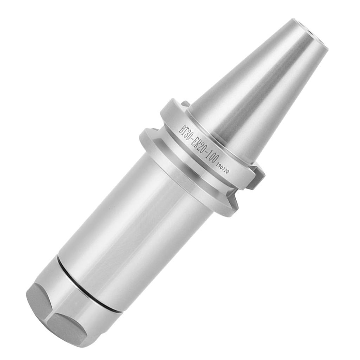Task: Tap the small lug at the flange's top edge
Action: pos(184,103)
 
